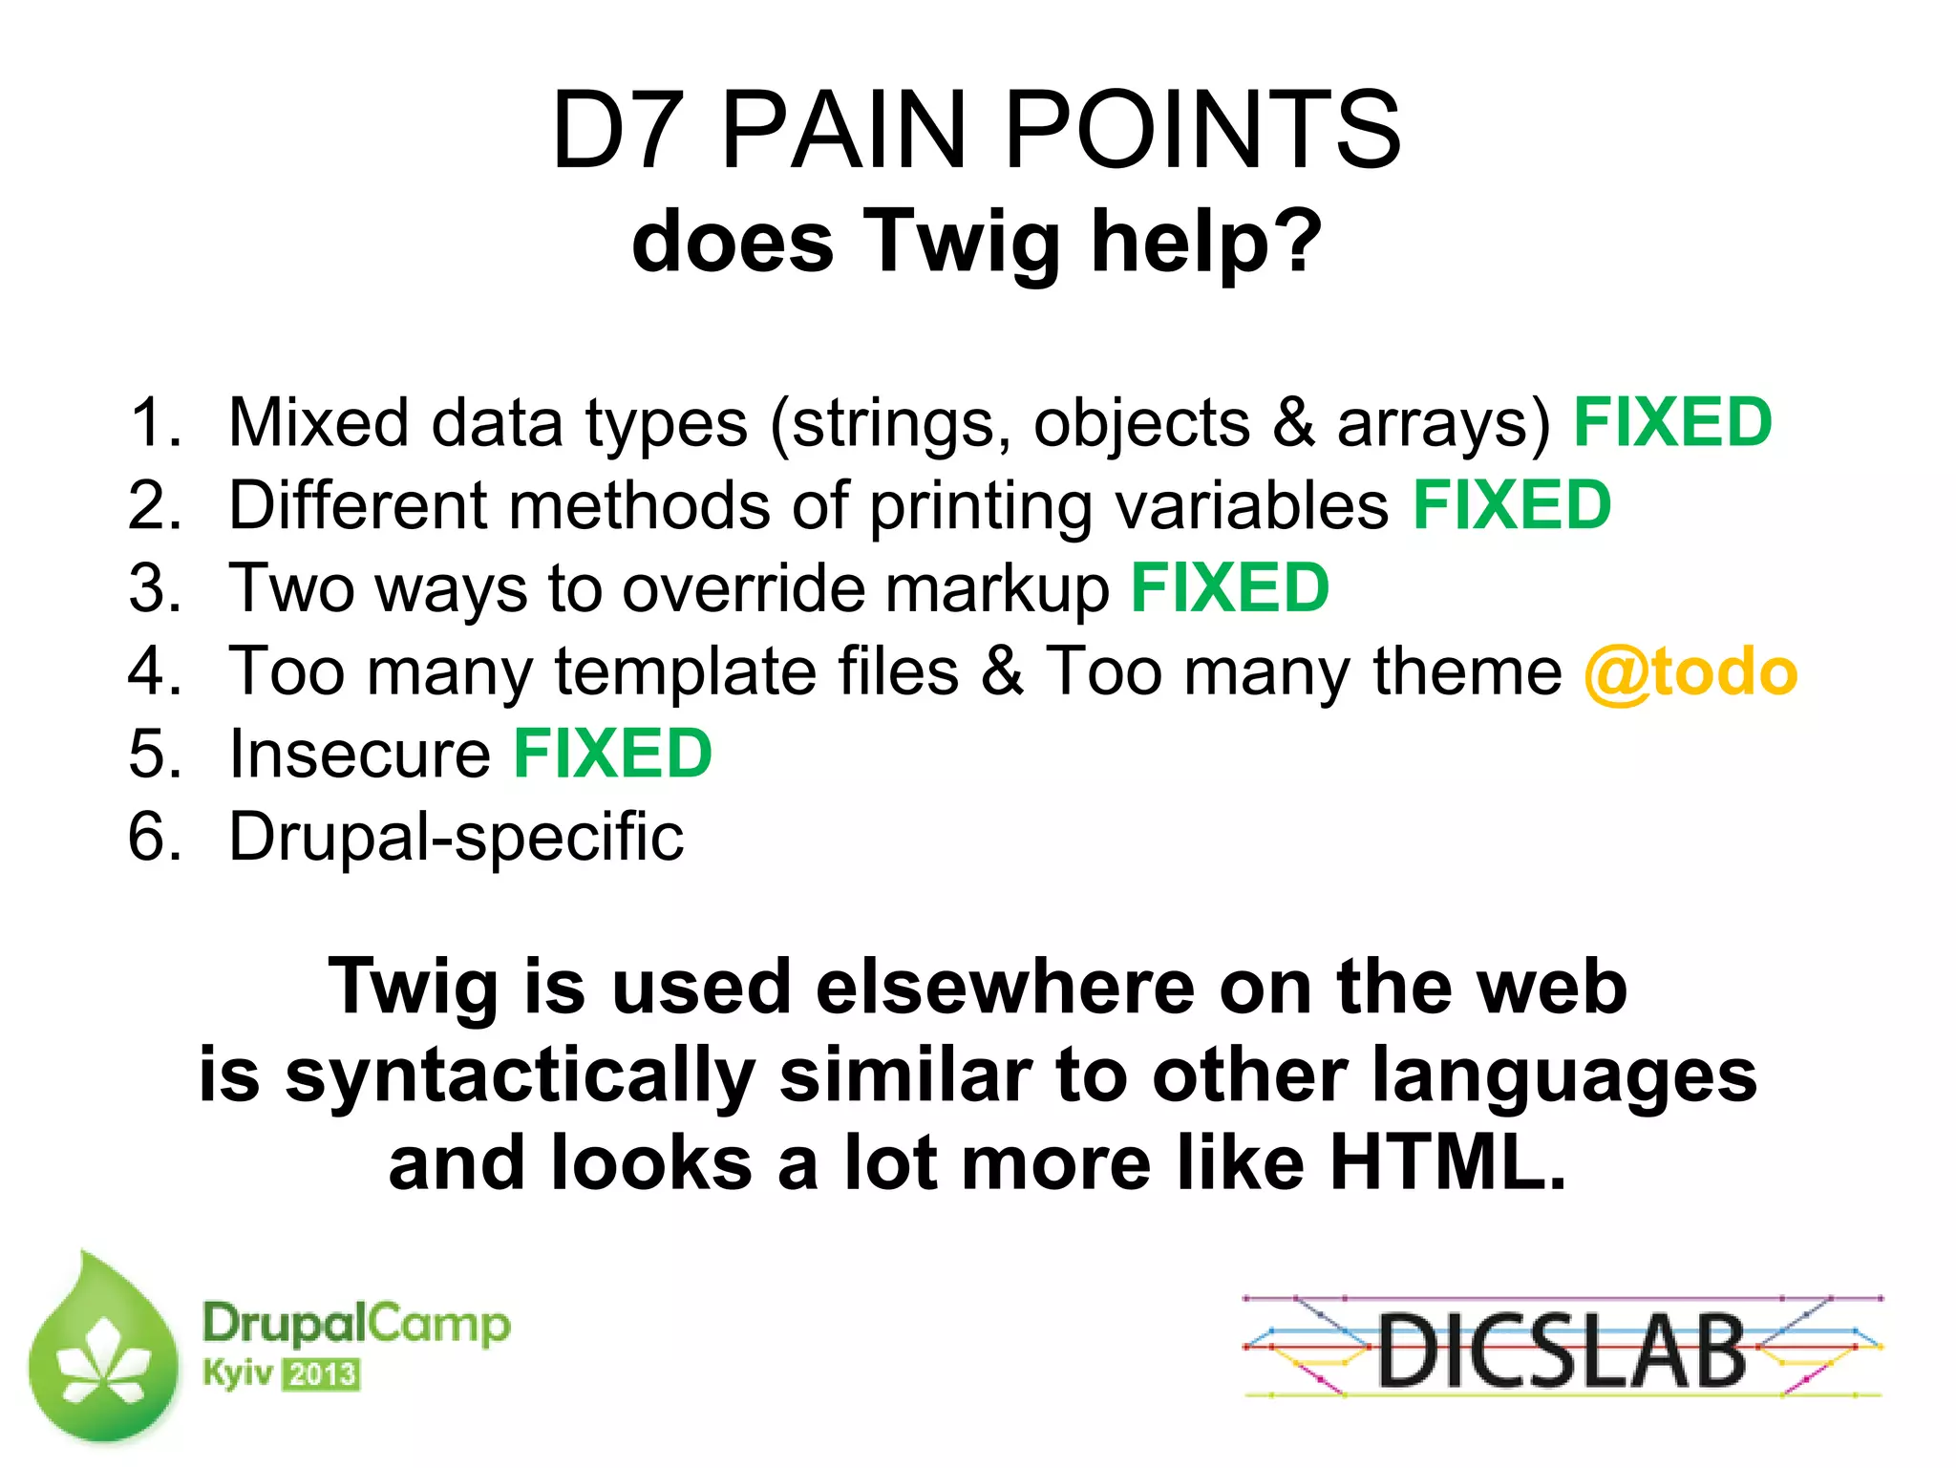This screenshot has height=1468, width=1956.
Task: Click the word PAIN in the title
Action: (x=844, y=131)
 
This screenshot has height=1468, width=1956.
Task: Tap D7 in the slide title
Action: (x=618, y=131)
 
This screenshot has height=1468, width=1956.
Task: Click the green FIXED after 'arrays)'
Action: (x=1672, y=422)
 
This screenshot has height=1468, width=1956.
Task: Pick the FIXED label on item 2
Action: (x=1512, y=505)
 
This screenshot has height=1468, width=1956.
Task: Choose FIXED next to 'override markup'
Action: (x=1230, y=588)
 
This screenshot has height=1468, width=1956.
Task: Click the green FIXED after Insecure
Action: (x=612, y=755)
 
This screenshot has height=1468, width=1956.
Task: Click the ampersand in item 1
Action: (x=1293, y=422)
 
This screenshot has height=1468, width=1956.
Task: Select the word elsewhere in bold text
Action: (x=1004, y=987)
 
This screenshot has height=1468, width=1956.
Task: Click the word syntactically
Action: (x=520, y=1075)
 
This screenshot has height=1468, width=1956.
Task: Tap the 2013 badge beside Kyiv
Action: (x=321, y=1375)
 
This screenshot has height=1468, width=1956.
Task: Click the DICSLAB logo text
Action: (x=1561, y=1350)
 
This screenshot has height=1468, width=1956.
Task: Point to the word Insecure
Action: (x=360, y=755)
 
